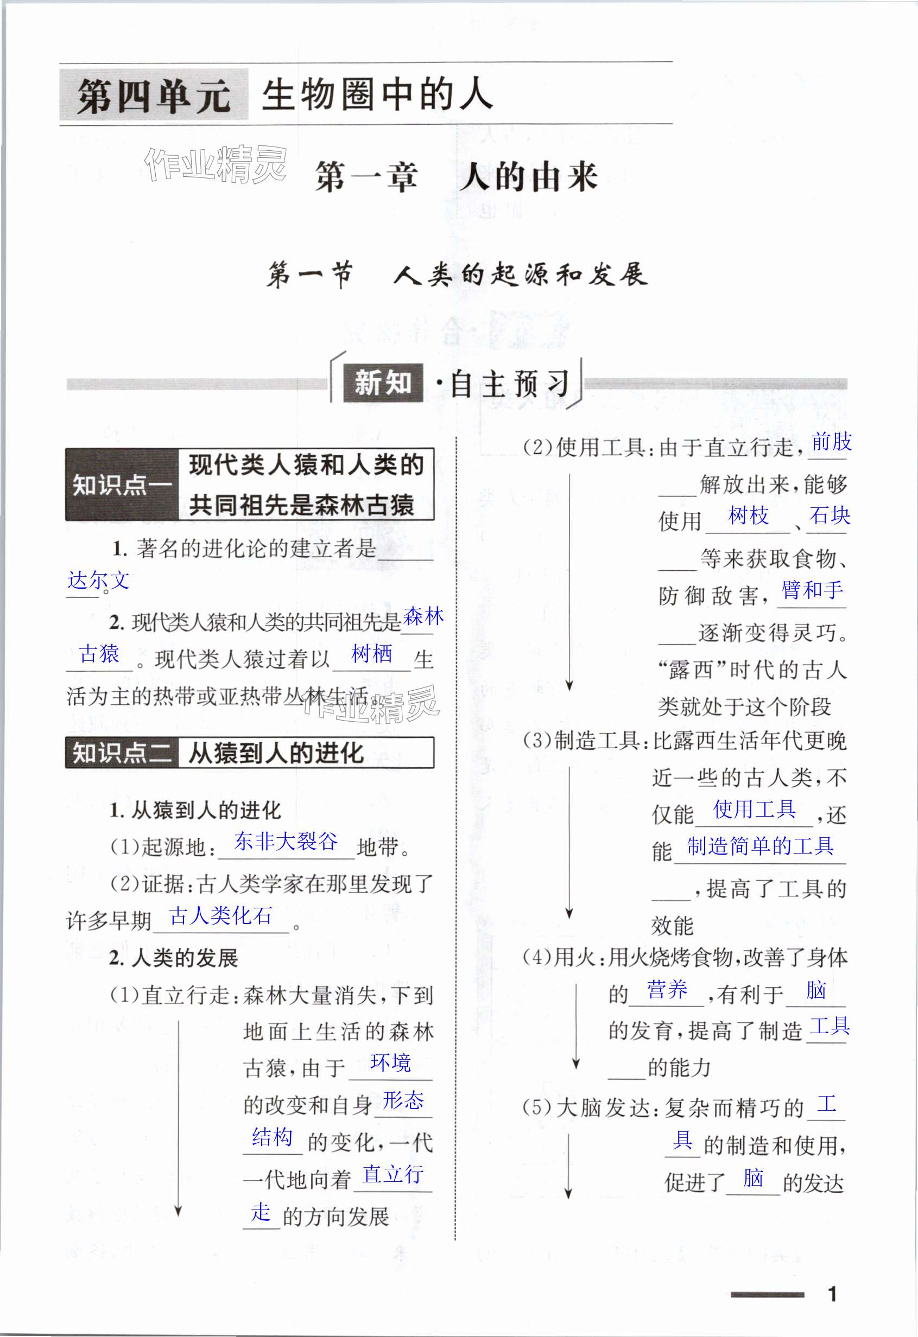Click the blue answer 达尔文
98,580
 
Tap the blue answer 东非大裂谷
286,842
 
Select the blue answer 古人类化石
221,915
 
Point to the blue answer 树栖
372,653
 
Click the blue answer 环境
391,1062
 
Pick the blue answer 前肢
831,442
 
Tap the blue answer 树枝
748,515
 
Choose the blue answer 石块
830,515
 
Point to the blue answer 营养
667,990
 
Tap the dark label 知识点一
122,485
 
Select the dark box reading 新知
383,383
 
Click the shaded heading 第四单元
154,95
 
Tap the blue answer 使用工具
755,810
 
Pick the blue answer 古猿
99,653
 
